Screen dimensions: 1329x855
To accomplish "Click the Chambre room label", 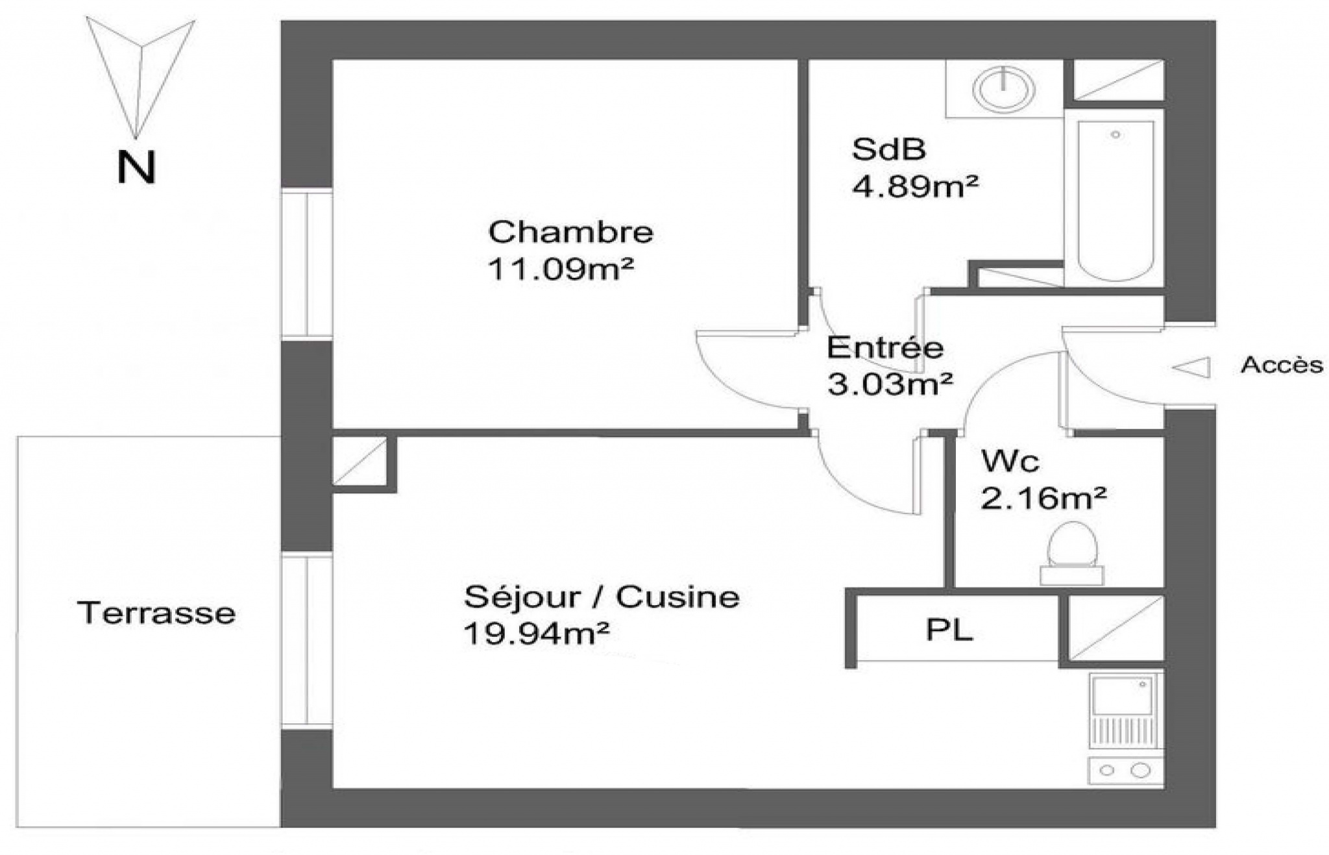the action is click(x=570, y=232).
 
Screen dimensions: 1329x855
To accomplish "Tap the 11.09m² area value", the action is click(x=561, y=268).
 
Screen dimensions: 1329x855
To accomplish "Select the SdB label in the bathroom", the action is click(x=888, y=149).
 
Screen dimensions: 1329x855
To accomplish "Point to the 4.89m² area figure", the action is click(x=915, y=186).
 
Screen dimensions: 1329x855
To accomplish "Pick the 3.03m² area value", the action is click(x=890, y=384).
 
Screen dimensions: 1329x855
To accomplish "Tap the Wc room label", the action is click(x=1010, y=461).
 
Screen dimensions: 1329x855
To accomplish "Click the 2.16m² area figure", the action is click(x=1043, y=499).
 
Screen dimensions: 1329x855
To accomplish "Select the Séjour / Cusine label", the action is click(x=602, y=597).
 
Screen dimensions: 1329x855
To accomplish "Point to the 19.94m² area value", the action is click(x=537, y=634).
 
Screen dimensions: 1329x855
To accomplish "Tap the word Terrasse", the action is click(x=156, y=613).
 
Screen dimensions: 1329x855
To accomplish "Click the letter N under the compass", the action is click(x=136, y=167).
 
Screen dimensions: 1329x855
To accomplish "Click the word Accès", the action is click(x=1282, y=365).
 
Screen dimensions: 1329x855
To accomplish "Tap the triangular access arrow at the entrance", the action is click(x=1191, y=367).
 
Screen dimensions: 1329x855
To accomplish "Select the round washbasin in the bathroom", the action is click(x=1005, y=88).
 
